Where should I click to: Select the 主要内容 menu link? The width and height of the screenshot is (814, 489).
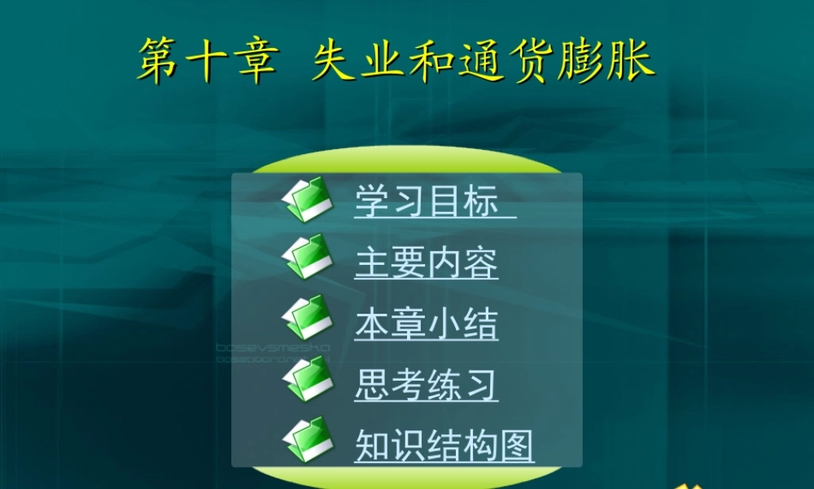click(426, 263)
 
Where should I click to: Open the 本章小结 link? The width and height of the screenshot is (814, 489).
click(426, 324)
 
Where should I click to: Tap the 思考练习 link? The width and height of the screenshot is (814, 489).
click(426, 385)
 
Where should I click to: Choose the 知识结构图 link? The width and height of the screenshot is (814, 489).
click(444, 446)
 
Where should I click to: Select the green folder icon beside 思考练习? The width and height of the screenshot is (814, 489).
click(309, 378)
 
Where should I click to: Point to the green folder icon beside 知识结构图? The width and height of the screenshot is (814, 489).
click(309, 439)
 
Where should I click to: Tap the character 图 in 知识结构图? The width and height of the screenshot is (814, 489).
click(516, 446)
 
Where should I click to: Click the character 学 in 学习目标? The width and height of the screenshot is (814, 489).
click(372, 200)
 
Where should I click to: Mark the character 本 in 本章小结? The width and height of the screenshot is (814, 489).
click(372, 324)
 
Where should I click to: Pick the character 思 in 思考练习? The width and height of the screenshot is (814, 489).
click(372, 385)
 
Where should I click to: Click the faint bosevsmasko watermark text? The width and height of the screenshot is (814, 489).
click(273, 348)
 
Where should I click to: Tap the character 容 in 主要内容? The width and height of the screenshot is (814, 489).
click(481, 263)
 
